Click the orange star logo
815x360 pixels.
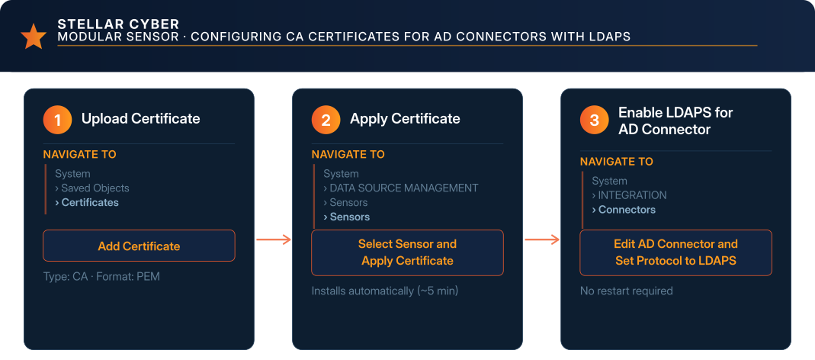coord(34,37)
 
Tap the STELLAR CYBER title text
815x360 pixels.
coord(118,24)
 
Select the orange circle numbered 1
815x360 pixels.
coord(57,121)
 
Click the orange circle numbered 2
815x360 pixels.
coord(326,121)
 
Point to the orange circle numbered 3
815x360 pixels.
coord(594,121)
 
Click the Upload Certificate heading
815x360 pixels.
coord(140,119)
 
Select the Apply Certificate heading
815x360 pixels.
coord(405,119)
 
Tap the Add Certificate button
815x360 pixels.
coord(139,246)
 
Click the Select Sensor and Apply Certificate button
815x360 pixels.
coord(407,252)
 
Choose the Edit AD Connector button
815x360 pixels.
coord(675,252)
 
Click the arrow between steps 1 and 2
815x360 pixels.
coord(274,239)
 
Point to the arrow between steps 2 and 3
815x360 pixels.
coord(542,239)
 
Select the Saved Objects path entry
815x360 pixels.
coord(92,188)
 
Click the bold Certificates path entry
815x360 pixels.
coord(87,202)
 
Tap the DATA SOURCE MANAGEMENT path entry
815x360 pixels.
coord(401,188)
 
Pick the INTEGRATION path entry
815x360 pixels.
coord(630,195)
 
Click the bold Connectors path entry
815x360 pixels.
coord(624,210)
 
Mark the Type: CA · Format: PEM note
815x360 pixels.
coord(101,276)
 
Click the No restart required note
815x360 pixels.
coord(627,291)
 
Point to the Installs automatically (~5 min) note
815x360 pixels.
coord(385,291)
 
